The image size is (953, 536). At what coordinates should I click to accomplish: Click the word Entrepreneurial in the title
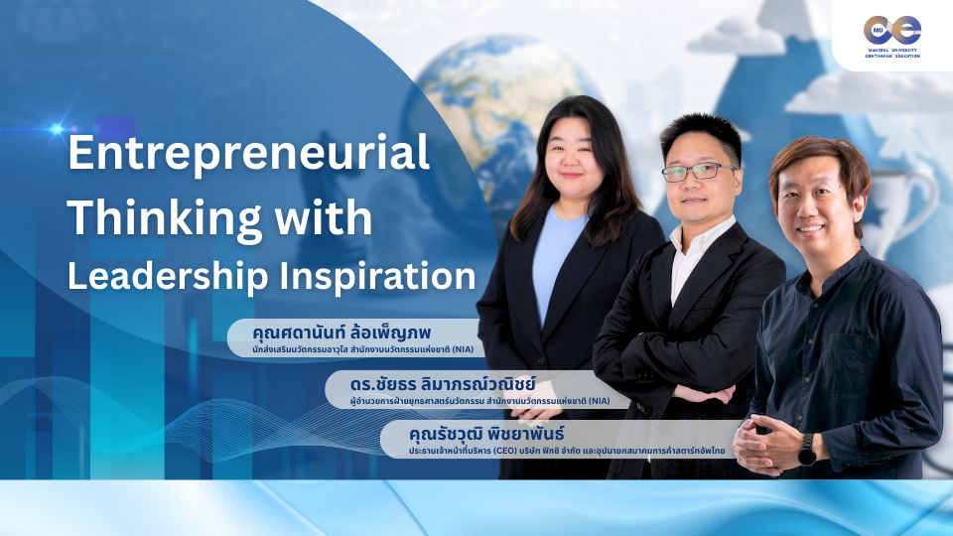tap(247, 156)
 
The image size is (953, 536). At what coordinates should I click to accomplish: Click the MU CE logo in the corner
tap(891, 30)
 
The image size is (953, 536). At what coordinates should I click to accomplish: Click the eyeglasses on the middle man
tap(699, 171)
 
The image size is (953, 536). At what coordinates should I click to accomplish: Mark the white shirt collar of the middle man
tap(695, 244)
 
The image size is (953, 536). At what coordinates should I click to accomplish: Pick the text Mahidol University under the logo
tap(891, 50)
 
